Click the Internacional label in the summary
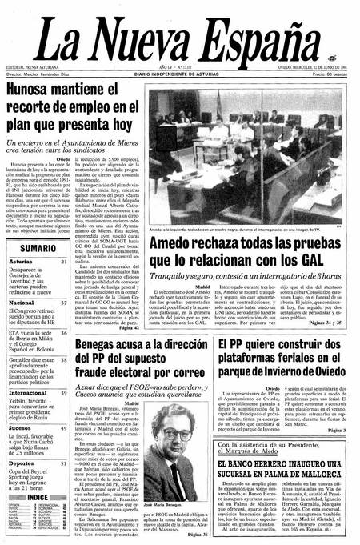pyautogui.click(x=28, y=393)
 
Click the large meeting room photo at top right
pyautogui.click(x=249, y=152)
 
